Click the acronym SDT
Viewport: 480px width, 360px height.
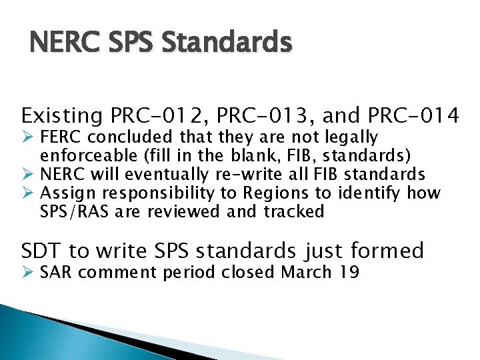click(42, 251)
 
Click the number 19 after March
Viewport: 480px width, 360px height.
click(349, 273)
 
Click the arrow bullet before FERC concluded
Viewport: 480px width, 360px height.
click(27, 138)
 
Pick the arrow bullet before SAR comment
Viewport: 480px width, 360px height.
click(27, 273)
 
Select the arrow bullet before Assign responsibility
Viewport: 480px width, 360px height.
click(27, 194)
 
